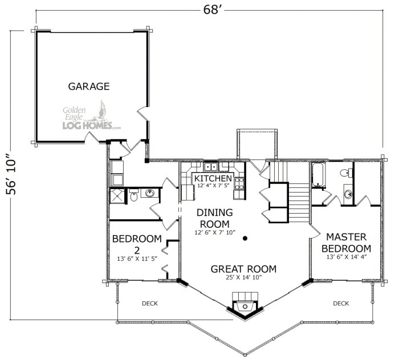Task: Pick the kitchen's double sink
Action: pyautogui.click(x=210, y=167)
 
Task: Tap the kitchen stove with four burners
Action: pyautogui.click(x=240, y=183)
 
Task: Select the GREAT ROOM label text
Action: pyautogui.click(x=243, y=269)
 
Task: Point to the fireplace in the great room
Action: pyautogui.click(x=245, y=302)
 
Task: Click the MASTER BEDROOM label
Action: pyautogui.click(x=346, y=243)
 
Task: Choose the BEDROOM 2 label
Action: pyautogui.click(x=137, y=244)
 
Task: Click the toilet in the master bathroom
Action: pyautogui.click(x=344, y=173)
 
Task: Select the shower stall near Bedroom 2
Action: pyautogui.click(x=118, y=197)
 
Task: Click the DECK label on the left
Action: pyautogui.click(x=149, y=304)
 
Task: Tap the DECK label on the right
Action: pyautogui.click(x=341, y=304)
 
